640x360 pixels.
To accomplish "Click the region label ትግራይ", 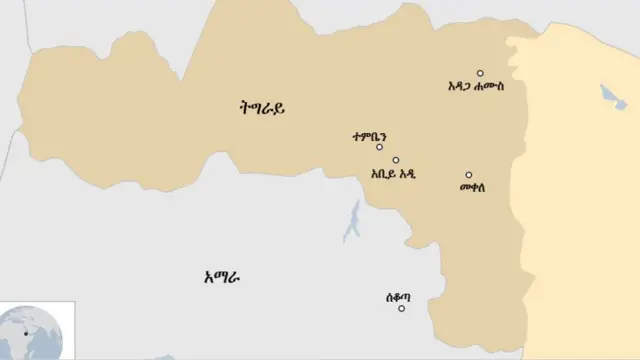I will tap(256, 109).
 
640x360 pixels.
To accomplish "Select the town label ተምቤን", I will tap(369, 135).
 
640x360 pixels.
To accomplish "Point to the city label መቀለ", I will tap(473, 187).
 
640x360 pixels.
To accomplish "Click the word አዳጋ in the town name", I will tap(463, 86).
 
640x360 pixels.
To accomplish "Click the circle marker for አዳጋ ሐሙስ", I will tap(480, 73).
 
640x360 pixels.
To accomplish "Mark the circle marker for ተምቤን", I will tap(379, 147).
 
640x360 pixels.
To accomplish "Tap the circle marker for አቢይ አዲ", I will tap(396, 160).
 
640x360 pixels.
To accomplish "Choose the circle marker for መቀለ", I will tap(468, 175).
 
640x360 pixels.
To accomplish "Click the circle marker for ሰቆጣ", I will tap(402, 308).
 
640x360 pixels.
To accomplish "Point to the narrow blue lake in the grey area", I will tap(352, 222).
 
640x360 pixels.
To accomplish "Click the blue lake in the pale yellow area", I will tap(611, 97).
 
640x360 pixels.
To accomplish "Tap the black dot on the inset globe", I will tap(27, 333).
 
